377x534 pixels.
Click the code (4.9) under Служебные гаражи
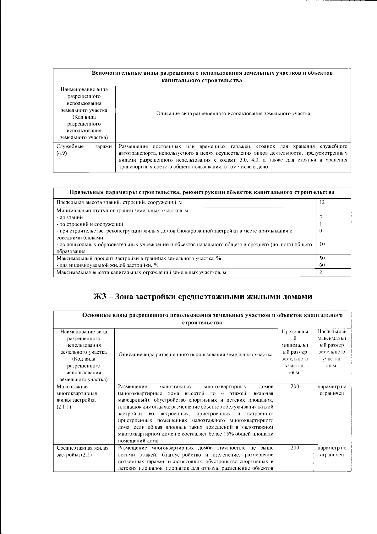click(62, 153)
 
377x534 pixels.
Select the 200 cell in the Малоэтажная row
click(295, 387)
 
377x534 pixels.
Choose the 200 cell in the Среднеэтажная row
click(295, 448)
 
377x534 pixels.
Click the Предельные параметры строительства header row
click(202, 192)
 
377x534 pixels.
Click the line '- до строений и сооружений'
click(90, 224)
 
